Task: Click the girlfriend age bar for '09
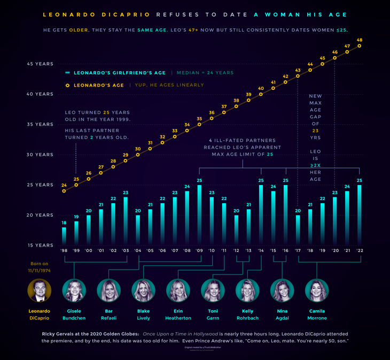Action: coord(199,214)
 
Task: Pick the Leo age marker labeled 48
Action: coord(360,45)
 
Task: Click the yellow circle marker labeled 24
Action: coord(64,191)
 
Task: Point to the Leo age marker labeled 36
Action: coord(212,118)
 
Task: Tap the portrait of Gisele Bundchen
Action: coord(74,290)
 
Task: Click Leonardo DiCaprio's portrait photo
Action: coord(40,290)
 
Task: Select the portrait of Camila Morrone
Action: coord(316,290)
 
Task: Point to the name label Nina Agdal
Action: coord(282,314)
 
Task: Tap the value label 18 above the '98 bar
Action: coord(64,223)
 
